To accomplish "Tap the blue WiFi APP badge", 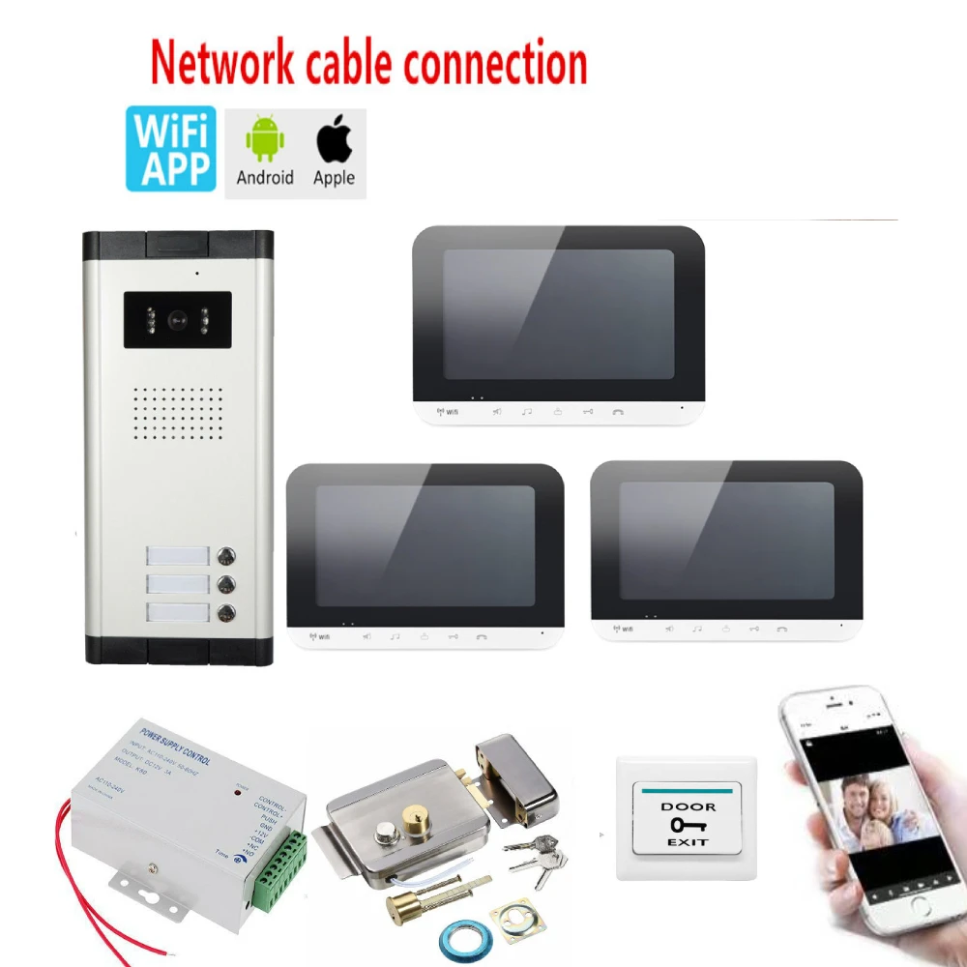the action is (170, 149).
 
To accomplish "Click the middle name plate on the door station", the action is (177, 584).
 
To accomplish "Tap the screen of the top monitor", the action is (558, 314).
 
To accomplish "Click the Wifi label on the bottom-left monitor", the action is (318, 637).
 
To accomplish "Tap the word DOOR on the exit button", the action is (688, 806).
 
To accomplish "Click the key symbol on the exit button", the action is (687, 825).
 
